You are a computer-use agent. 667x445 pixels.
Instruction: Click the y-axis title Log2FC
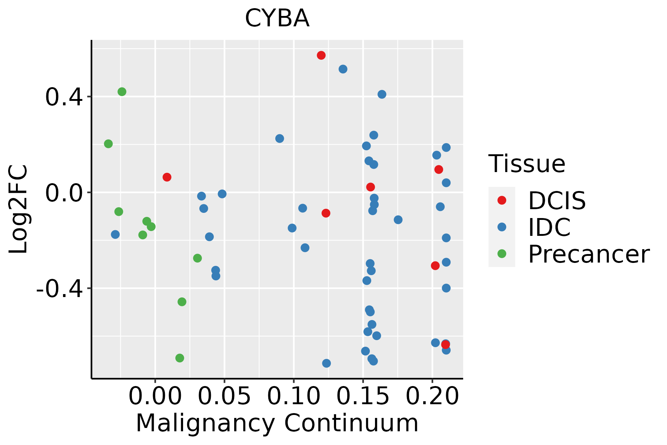tap(19, 209)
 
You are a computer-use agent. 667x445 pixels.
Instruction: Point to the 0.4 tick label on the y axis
tap(63, 97)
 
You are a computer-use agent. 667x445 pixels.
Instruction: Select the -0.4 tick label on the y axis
tap(59, 289)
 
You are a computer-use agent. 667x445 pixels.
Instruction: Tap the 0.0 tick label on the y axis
tap(63, 193)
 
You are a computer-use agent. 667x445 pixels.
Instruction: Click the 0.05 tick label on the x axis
tap(224, 396)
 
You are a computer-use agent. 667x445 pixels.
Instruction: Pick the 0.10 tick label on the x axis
tap(293, 396)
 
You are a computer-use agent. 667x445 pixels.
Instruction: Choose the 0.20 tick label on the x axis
tap(432, 396)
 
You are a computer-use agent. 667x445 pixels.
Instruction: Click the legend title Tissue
tap(527, 164)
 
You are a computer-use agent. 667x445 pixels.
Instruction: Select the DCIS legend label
tap(557, 201)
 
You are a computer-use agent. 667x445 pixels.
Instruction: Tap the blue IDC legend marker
tap(502, 227)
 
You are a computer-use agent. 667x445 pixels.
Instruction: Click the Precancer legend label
tap(588, 254)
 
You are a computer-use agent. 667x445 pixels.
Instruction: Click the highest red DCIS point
tap(321, 55)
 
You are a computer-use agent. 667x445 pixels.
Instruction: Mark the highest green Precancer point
tap(122, 92)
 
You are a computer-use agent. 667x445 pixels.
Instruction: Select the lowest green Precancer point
tap(180, 358)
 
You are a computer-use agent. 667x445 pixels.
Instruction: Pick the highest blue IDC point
tap(343, 69)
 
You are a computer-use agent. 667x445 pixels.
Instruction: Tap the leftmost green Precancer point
tap(108, 144)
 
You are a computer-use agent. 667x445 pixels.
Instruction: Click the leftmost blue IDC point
tap(115, 234)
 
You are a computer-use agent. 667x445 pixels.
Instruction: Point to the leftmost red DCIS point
tap(167, 177)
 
